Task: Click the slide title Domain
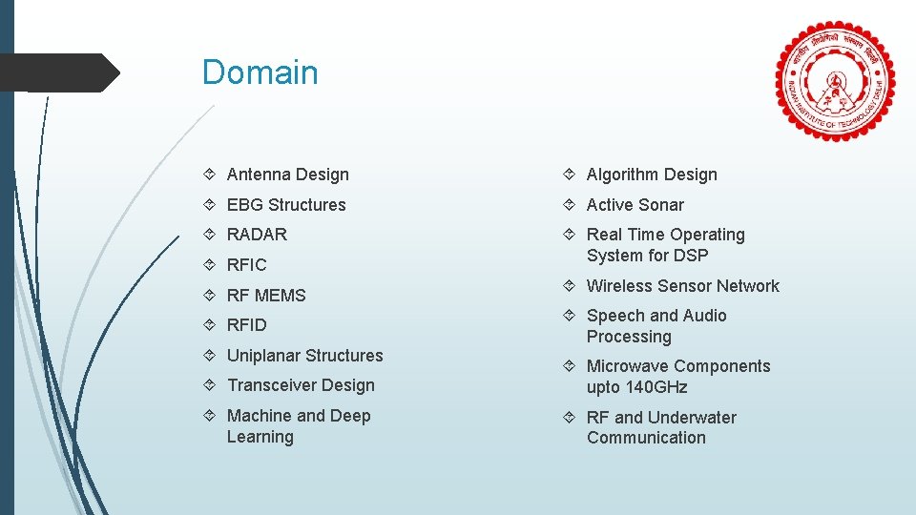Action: [x=260, y=72]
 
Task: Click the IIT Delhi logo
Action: [x=836, y=81]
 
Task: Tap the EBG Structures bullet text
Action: [x=286, y=205]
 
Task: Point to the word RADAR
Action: [x=257, y=235]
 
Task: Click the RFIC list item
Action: [x=247, y=265]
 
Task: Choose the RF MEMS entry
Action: [x=266, y=296]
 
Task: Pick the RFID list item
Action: [x=247, y=325]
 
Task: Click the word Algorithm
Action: [x=623, y=175]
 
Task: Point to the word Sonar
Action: [x=661, y=205]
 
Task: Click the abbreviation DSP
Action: [x=690, y=256]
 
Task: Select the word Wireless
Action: [x=620, y=286]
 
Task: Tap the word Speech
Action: [x=615, y=316]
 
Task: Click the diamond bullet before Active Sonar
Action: [x=569, y=205]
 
